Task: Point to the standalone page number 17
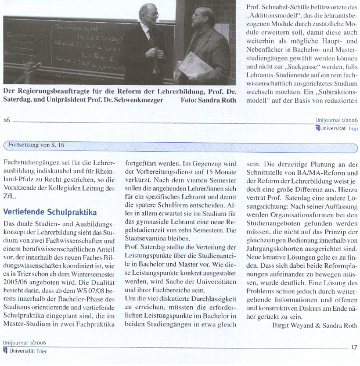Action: coord(354,347)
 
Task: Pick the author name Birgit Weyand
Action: coord(293,325)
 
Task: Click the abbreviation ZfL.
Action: coord(9,197)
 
